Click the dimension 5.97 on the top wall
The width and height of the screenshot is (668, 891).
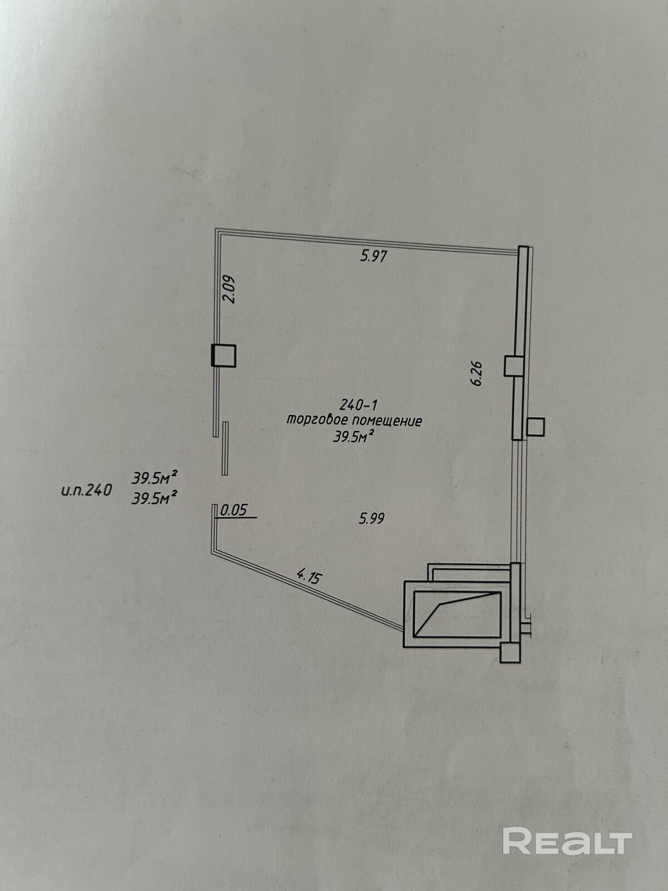click(374, 257)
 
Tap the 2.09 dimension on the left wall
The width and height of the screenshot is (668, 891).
click(229, 290)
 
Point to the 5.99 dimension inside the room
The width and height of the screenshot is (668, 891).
click(372, 518)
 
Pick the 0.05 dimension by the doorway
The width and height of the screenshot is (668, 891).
click(234, 510)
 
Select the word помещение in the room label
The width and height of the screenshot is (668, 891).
click(389, 421)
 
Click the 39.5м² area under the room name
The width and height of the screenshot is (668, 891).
click(353, 438)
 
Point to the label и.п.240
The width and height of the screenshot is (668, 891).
click(86, 491)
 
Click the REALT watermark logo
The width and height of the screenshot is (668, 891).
click(567, 841)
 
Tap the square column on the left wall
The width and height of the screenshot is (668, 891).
click(223, 355)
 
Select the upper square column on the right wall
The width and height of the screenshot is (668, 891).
click(514, 366)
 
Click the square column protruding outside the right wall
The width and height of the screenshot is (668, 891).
click(536, 427)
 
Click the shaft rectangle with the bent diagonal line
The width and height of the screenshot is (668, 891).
click(456, 614)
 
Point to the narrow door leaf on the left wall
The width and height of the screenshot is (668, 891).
click(225, 448)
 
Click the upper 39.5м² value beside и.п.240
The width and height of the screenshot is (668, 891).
click(154, 477)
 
